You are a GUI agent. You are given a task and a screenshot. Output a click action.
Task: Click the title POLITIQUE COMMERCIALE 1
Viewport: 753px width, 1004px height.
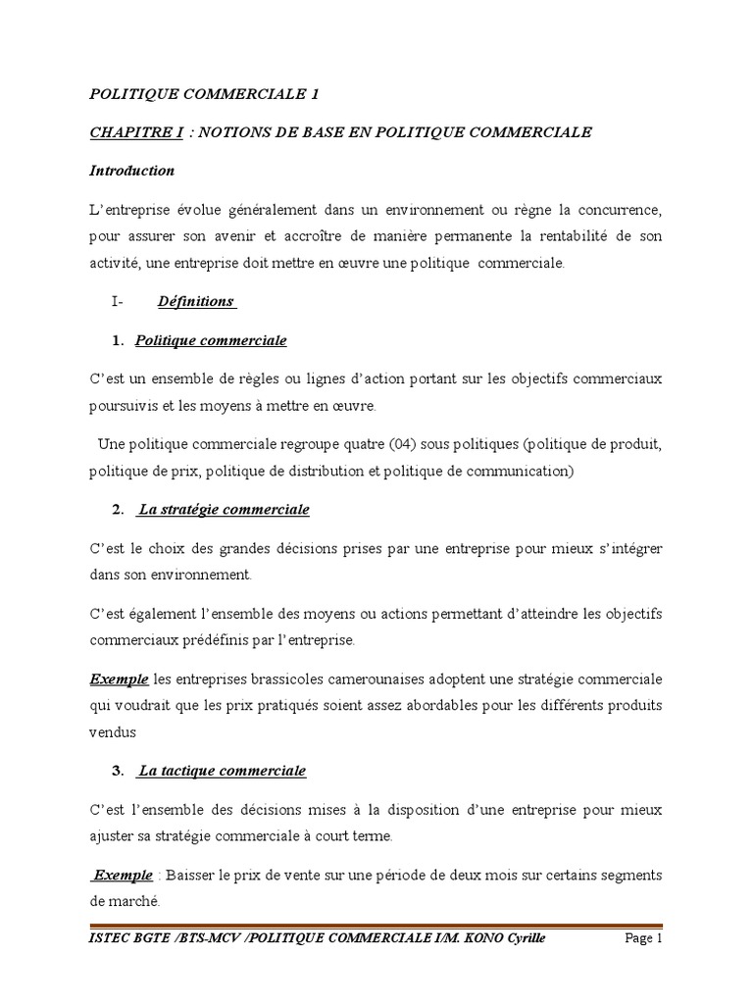click(204, 94)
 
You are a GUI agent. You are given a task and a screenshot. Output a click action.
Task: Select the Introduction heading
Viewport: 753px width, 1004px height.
click(131, 171)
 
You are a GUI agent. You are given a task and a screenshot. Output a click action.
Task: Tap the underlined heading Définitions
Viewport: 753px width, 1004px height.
click(196, 301)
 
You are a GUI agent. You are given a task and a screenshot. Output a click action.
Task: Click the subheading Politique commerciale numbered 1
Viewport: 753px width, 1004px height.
click(211, 340)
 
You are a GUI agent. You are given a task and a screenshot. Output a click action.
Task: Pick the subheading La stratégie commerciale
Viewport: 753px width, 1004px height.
click(224, 510)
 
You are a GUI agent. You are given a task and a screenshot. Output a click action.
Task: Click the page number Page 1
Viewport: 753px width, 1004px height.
click(644, 938)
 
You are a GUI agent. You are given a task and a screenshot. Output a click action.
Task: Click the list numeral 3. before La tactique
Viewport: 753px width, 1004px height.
click(118, 771)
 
